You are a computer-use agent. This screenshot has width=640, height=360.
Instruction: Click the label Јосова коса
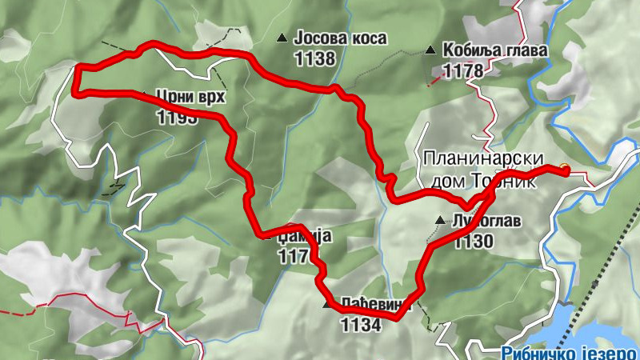pyautogui.click(x=341, y=38)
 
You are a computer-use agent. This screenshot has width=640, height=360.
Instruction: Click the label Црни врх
pyautogui.click(x=191, y=98)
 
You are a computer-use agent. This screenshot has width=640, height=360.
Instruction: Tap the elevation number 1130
pyautogui.click(x=473, y=240)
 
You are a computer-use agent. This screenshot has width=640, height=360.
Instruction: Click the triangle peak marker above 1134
pyautogui.click(x=326, y=305)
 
